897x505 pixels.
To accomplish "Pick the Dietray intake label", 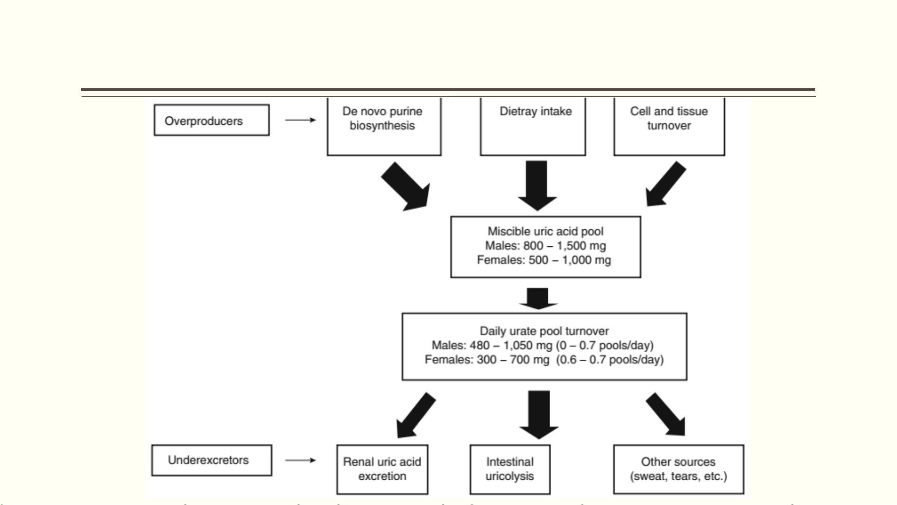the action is click(536, 111).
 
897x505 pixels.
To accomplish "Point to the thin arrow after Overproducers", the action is click(300, 120).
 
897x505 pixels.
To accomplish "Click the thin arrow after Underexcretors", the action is click(300, 460).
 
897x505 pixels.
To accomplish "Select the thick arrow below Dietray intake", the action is click(537, 185).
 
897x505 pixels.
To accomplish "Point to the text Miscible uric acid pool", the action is click(545, 231).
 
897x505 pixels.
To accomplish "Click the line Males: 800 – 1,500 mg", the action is click(545, 246).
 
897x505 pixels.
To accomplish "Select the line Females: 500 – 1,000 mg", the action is click(544, 260).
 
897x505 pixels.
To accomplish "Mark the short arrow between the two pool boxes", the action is click(538, 299).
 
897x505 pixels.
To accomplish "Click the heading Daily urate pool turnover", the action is click(544, 331).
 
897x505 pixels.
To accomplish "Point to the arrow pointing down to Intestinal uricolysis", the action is click(539, 415).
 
